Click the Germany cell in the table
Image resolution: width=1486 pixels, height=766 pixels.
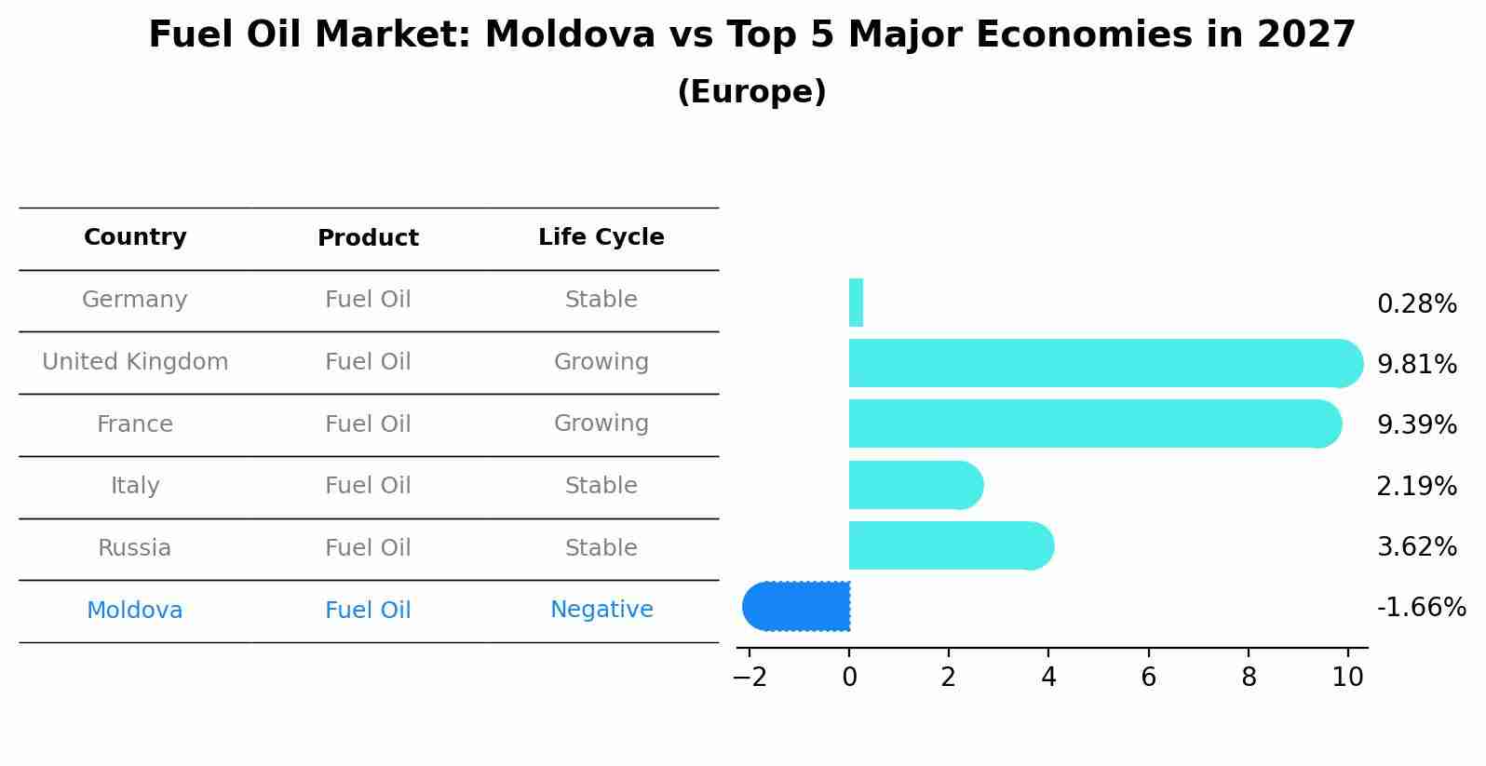135,300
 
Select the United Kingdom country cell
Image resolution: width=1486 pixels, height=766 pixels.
135,362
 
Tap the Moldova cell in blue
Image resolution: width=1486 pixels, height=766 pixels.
135,611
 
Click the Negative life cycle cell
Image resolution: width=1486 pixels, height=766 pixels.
601,610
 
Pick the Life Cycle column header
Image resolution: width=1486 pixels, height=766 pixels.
601,237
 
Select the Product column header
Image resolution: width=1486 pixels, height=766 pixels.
368,238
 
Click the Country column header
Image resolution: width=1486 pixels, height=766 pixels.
135,237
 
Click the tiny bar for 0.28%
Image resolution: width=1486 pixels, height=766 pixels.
856,302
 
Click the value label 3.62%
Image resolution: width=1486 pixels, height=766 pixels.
1416,546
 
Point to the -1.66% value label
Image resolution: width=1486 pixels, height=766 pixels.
1421,608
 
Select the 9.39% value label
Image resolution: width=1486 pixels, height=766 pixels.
1416,425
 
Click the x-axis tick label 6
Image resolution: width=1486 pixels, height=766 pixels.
1148,678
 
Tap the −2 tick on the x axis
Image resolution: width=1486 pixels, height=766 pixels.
750,678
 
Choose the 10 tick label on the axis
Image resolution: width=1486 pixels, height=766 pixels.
1347,678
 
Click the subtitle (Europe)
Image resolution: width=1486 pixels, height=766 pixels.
751,92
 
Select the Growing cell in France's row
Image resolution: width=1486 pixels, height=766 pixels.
601,423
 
